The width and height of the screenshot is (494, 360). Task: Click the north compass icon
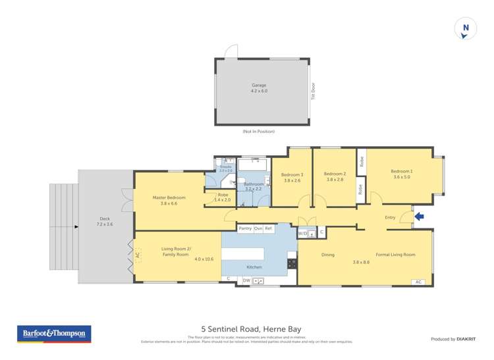point(466,28)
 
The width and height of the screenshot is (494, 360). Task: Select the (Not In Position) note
point(258,132)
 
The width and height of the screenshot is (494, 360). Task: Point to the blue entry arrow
point(419,217)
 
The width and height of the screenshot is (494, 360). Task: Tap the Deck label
point(105,221)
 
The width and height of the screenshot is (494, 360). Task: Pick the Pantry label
point(245,228)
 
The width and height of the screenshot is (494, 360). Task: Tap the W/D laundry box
point(303,233)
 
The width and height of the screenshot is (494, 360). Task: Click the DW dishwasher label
point(246,280)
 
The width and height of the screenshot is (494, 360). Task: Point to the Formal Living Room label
point(395,255)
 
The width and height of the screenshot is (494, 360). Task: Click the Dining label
point(327,255)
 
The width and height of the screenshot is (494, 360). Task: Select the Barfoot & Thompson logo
point(54,334)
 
